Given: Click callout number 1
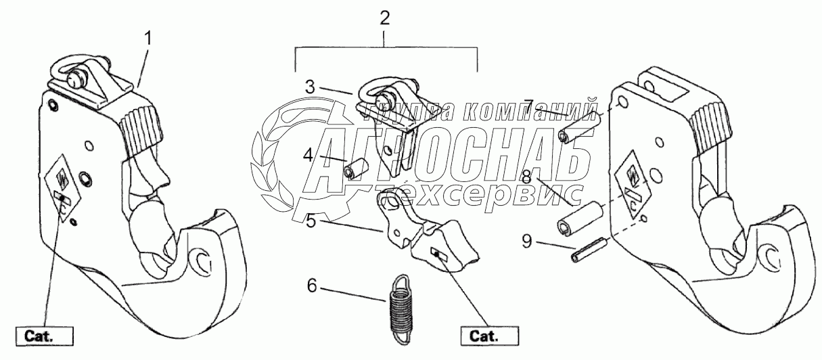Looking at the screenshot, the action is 148,38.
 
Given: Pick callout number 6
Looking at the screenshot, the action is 311,286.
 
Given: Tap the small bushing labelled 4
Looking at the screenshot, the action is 355,168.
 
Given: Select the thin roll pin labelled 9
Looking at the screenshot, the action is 588,253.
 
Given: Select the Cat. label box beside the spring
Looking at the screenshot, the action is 488,335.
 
